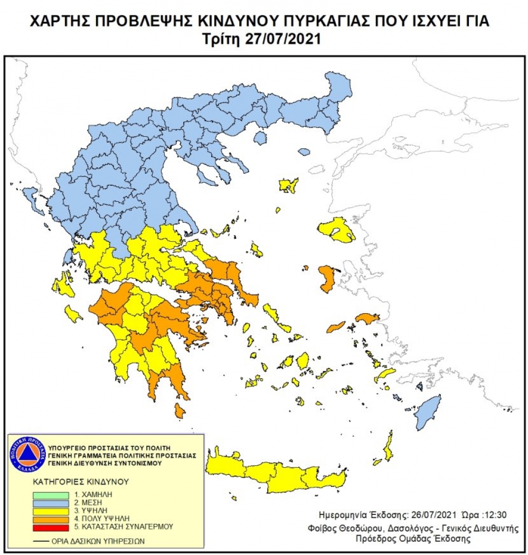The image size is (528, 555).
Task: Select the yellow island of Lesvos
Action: (337, 231)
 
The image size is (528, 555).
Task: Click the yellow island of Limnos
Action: (289, 185)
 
